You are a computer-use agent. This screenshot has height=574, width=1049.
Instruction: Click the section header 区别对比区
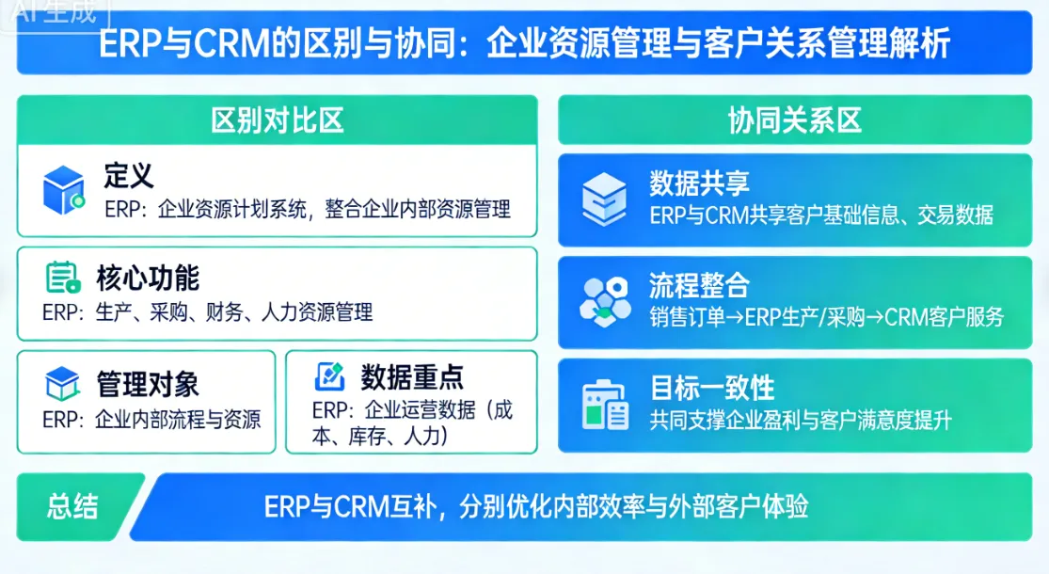pyautogui.click(x=277, y=120)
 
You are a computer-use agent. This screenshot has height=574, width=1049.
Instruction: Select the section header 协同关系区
pyautogui.click(x=794, y=120)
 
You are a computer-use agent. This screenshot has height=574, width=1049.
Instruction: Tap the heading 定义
pyautogui.click(x=129, y=175)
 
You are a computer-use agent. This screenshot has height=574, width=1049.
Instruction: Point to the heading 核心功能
pyautogui.click(x=148, y=279)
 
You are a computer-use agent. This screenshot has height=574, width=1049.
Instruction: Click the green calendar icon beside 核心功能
pyautogui.click(x=62, y=279)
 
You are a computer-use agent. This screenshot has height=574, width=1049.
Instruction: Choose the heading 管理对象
pyautogui.click(x=148, y=384)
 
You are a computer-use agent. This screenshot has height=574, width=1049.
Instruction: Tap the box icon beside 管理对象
pyautogui.click(x=62, y=384)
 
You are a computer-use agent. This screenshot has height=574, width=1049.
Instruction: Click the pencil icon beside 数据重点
pyautogui.click(x=330, y=376)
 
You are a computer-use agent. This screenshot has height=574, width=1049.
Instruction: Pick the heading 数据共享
pyautogui.click(x=699, y=183)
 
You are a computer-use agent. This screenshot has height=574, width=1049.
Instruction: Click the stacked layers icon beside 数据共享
pyautogui.click(x=603, y=195)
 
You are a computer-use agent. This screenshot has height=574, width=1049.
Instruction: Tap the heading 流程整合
pyautogui.click(x=699, y=285)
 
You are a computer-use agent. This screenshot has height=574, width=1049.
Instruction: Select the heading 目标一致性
pyautogui.click(x=712, y=388)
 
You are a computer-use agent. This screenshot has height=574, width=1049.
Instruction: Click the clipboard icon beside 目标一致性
pyautogui.click(x=604, y=405)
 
